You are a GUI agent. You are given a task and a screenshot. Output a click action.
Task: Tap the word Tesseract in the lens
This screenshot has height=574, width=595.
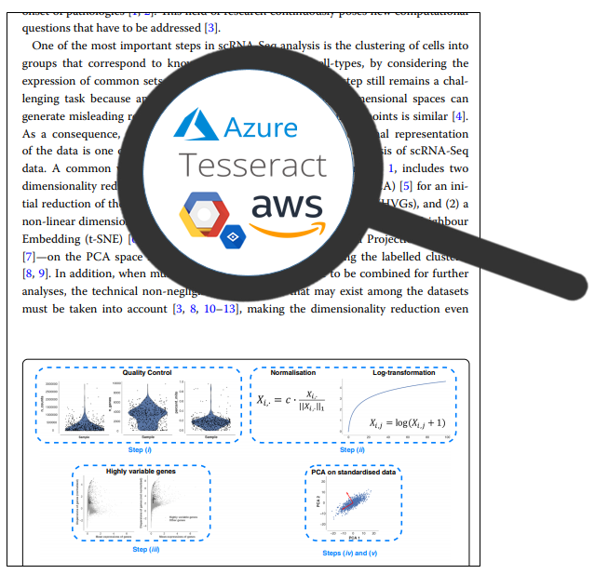253,165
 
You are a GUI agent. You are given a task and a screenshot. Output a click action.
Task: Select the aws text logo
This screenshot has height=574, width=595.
286,206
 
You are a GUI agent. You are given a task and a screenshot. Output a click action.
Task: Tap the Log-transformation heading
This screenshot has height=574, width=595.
403,373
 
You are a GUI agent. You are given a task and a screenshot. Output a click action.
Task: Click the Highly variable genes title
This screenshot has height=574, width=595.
142,472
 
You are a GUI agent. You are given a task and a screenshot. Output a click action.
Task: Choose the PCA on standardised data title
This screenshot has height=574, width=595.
353,472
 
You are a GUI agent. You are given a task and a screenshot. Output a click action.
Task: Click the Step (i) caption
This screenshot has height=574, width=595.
140,449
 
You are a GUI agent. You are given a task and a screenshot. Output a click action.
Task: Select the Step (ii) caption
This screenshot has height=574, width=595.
352,449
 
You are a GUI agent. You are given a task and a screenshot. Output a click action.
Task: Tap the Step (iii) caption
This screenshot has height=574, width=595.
146,549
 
